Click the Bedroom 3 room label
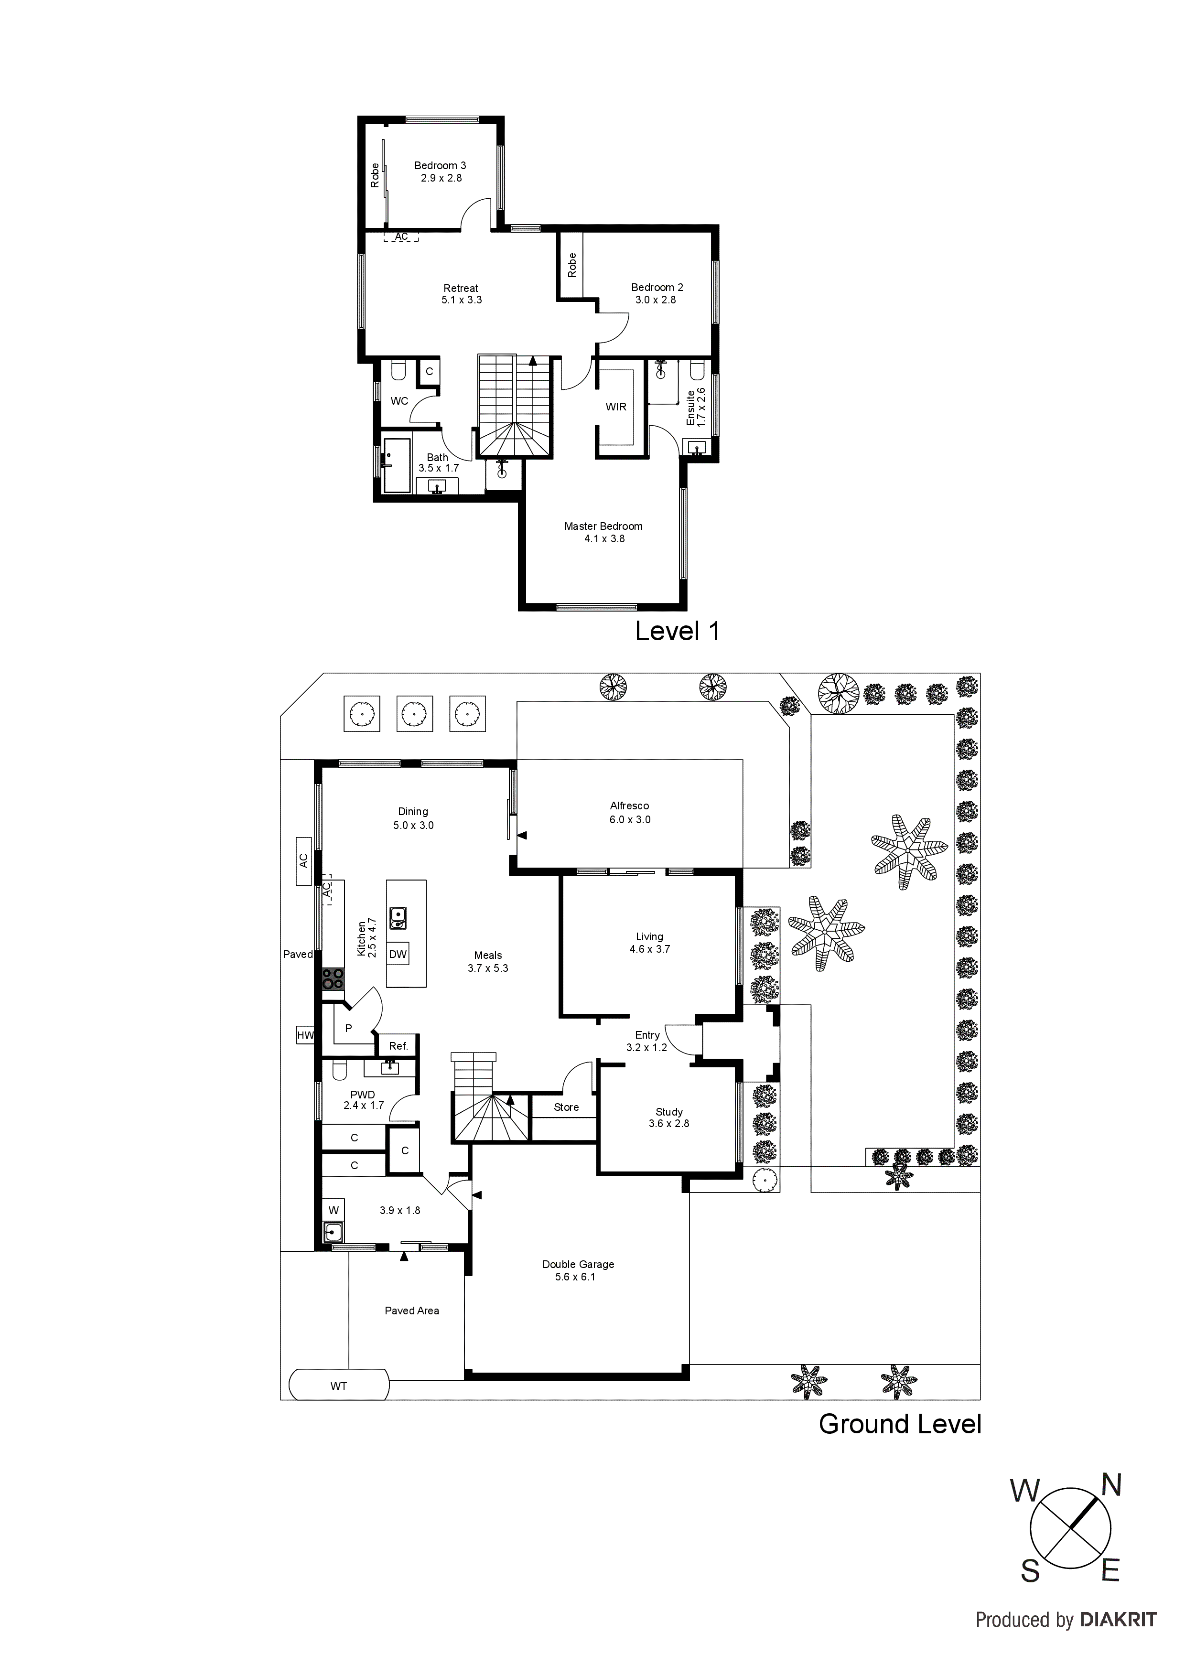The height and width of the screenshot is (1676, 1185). [x=440, y=166]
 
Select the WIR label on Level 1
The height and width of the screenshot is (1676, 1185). [x=615, y=407]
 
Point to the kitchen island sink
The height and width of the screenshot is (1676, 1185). [x=398, y=918]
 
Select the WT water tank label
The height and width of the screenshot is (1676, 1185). [x=338, y=1386]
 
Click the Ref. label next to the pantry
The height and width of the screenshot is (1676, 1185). [x=398, y=1045]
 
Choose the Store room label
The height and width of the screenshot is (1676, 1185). [x=566, y=1107]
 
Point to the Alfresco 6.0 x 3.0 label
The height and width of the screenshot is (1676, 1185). [x=629, y=813]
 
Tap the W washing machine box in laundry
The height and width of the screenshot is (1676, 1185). [x=333, y=1210]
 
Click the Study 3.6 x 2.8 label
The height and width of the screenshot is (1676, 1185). [x=669, y=1117]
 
